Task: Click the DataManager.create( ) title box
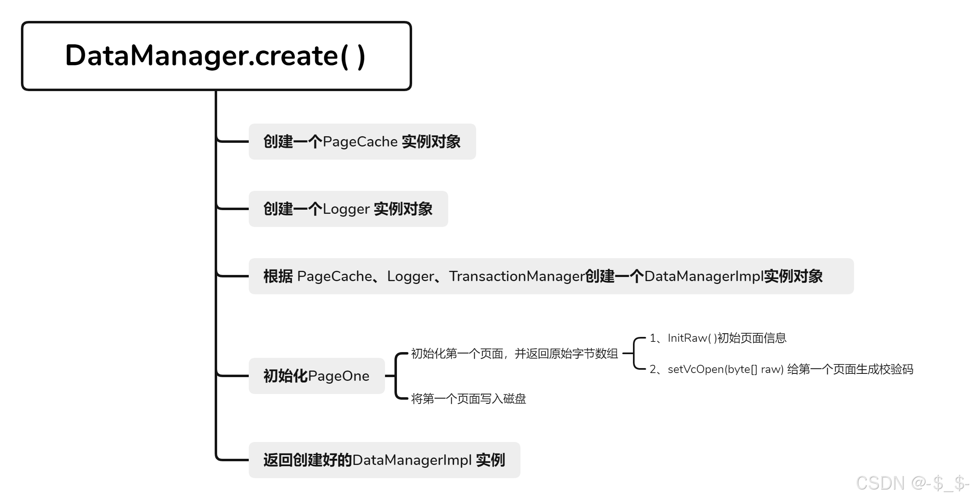(216, 56)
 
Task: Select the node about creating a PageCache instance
(362, 142)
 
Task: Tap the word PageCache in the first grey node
(360, 142)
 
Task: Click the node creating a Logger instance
(348, 209)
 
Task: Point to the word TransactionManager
(516, 276)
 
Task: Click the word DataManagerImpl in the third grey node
(704, 276)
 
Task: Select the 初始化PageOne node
(316, 376)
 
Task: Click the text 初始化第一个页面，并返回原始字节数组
(514, 353)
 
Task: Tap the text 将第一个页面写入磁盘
(468, 398)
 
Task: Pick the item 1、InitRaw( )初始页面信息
(718, 338)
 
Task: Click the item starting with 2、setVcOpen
(781, 369)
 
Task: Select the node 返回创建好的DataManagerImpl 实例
(384, 460)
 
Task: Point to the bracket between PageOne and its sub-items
(396, 376)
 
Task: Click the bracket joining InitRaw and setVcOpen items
(635, 353)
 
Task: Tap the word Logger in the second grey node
(346, 209)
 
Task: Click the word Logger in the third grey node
(410, 276)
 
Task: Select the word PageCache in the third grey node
(334, 276)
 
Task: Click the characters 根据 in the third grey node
(278, 276)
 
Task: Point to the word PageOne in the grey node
(338, 376)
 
